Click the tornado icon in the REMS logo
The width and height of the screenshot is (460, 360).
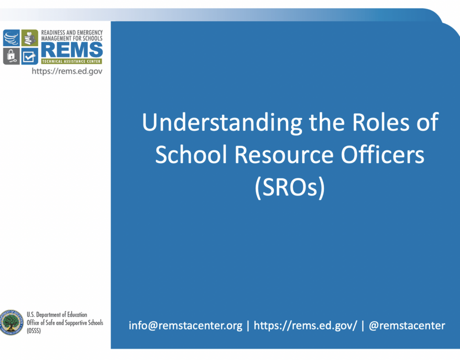coord(11,38)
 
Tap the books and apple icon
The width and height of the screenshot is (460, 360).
coord(30,38)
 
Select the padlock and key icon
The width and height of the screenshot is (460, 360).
coord(11,56)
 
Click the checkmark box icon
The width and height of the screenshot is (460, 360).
coord(30,56)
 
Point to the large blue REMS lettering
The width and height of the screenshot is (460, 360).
coord(72,50)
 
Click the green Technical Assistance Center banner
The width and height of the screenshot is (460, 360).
coord(72,61)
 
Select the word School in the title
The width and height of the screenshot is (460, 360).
coord(192,155)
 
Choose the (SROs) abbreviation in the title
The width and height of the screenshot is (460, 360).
coord(289,188)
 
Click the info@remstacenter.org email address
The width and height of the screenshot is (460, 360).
coord(186,325)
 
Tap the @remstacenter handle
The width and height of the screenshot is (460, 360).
coord(407,325)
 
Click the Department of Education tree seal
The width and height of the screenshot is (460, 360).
coord(11,322)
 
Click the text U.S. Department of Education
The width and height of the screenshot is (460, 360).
coord(57,315)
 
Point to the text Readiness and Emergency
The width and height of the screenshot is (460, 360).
coord(72,33)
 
